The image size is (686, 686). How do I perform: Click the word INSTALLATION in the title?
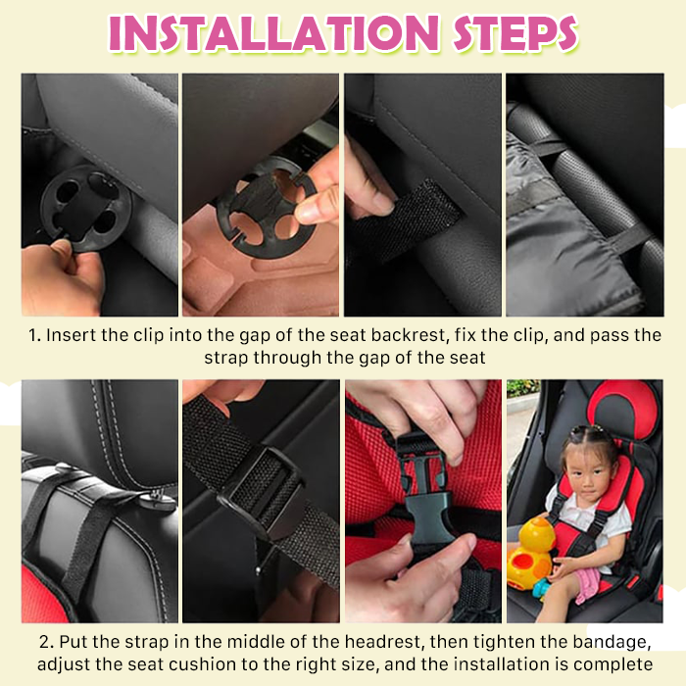click(273, 33)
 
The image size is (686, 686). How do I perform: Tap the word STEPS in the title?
click(515, 33)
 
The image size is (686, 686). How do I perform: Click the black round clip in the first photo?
click(86, 209)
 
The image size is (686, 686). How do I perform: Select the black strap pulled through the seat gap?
click(405, 219)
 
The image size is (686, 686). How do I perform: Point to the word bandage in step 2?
click(612, 643)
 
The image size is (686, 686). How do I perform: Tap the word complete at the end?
click(612, 665)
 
